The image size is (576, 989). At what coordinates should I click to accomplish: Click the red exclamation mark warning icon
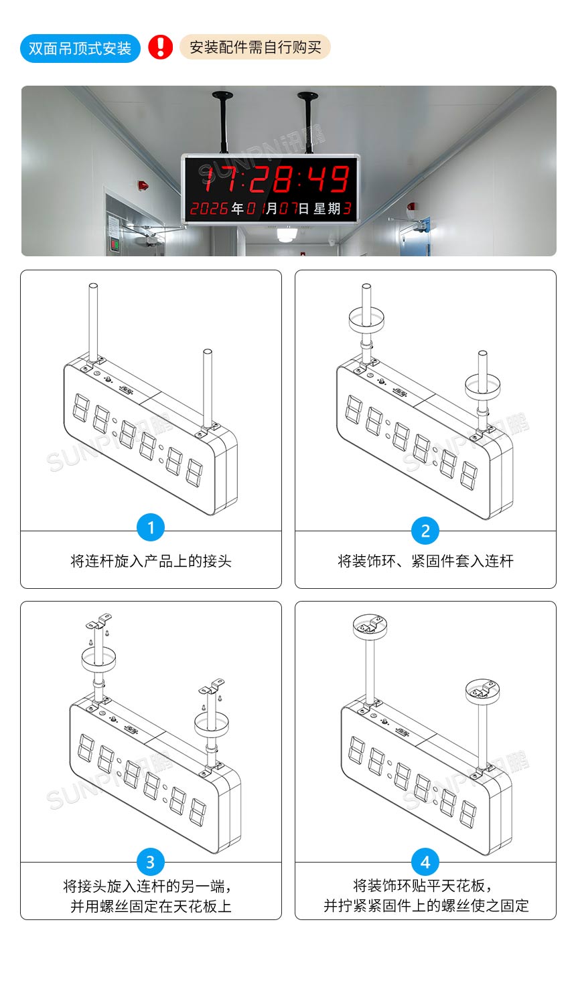(x=160, y=48)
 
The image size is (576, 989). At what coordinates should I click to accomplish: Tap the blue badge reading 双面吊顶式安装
(x=80, y=49)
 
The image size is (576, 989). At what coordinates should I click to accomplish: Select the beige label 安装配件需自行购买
(x=255, y=48)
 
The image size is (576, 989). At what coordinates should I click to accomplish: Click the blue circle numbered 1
(x=151, y=528)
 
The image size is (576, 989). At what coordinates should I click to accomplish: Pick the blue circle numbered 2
(x=425, y=531)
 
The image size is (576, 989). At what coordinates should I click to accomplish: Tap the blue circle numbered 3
(x=151, y=862)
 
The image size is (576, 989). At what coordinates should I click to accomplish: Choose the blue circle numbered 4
(x=425, y=862)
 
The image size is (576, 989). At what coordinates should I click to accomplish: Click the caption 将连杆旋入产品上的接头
(x=151, y=561)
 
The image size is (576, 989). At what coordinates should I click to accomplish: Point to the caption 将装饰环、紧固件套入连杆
(x=425, y=561)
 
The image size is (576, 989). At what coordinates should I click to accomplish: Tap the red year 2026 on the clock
(x=209, y=209)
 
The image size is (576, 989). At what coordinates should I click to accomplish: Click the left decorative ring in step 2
(x=366, y=319)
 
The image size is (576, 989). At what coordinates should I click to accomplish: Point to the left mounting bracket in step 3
(x=99, y=622)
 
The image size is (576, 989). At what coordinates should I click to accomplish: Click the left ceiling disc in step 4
(x=371, y=626)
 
